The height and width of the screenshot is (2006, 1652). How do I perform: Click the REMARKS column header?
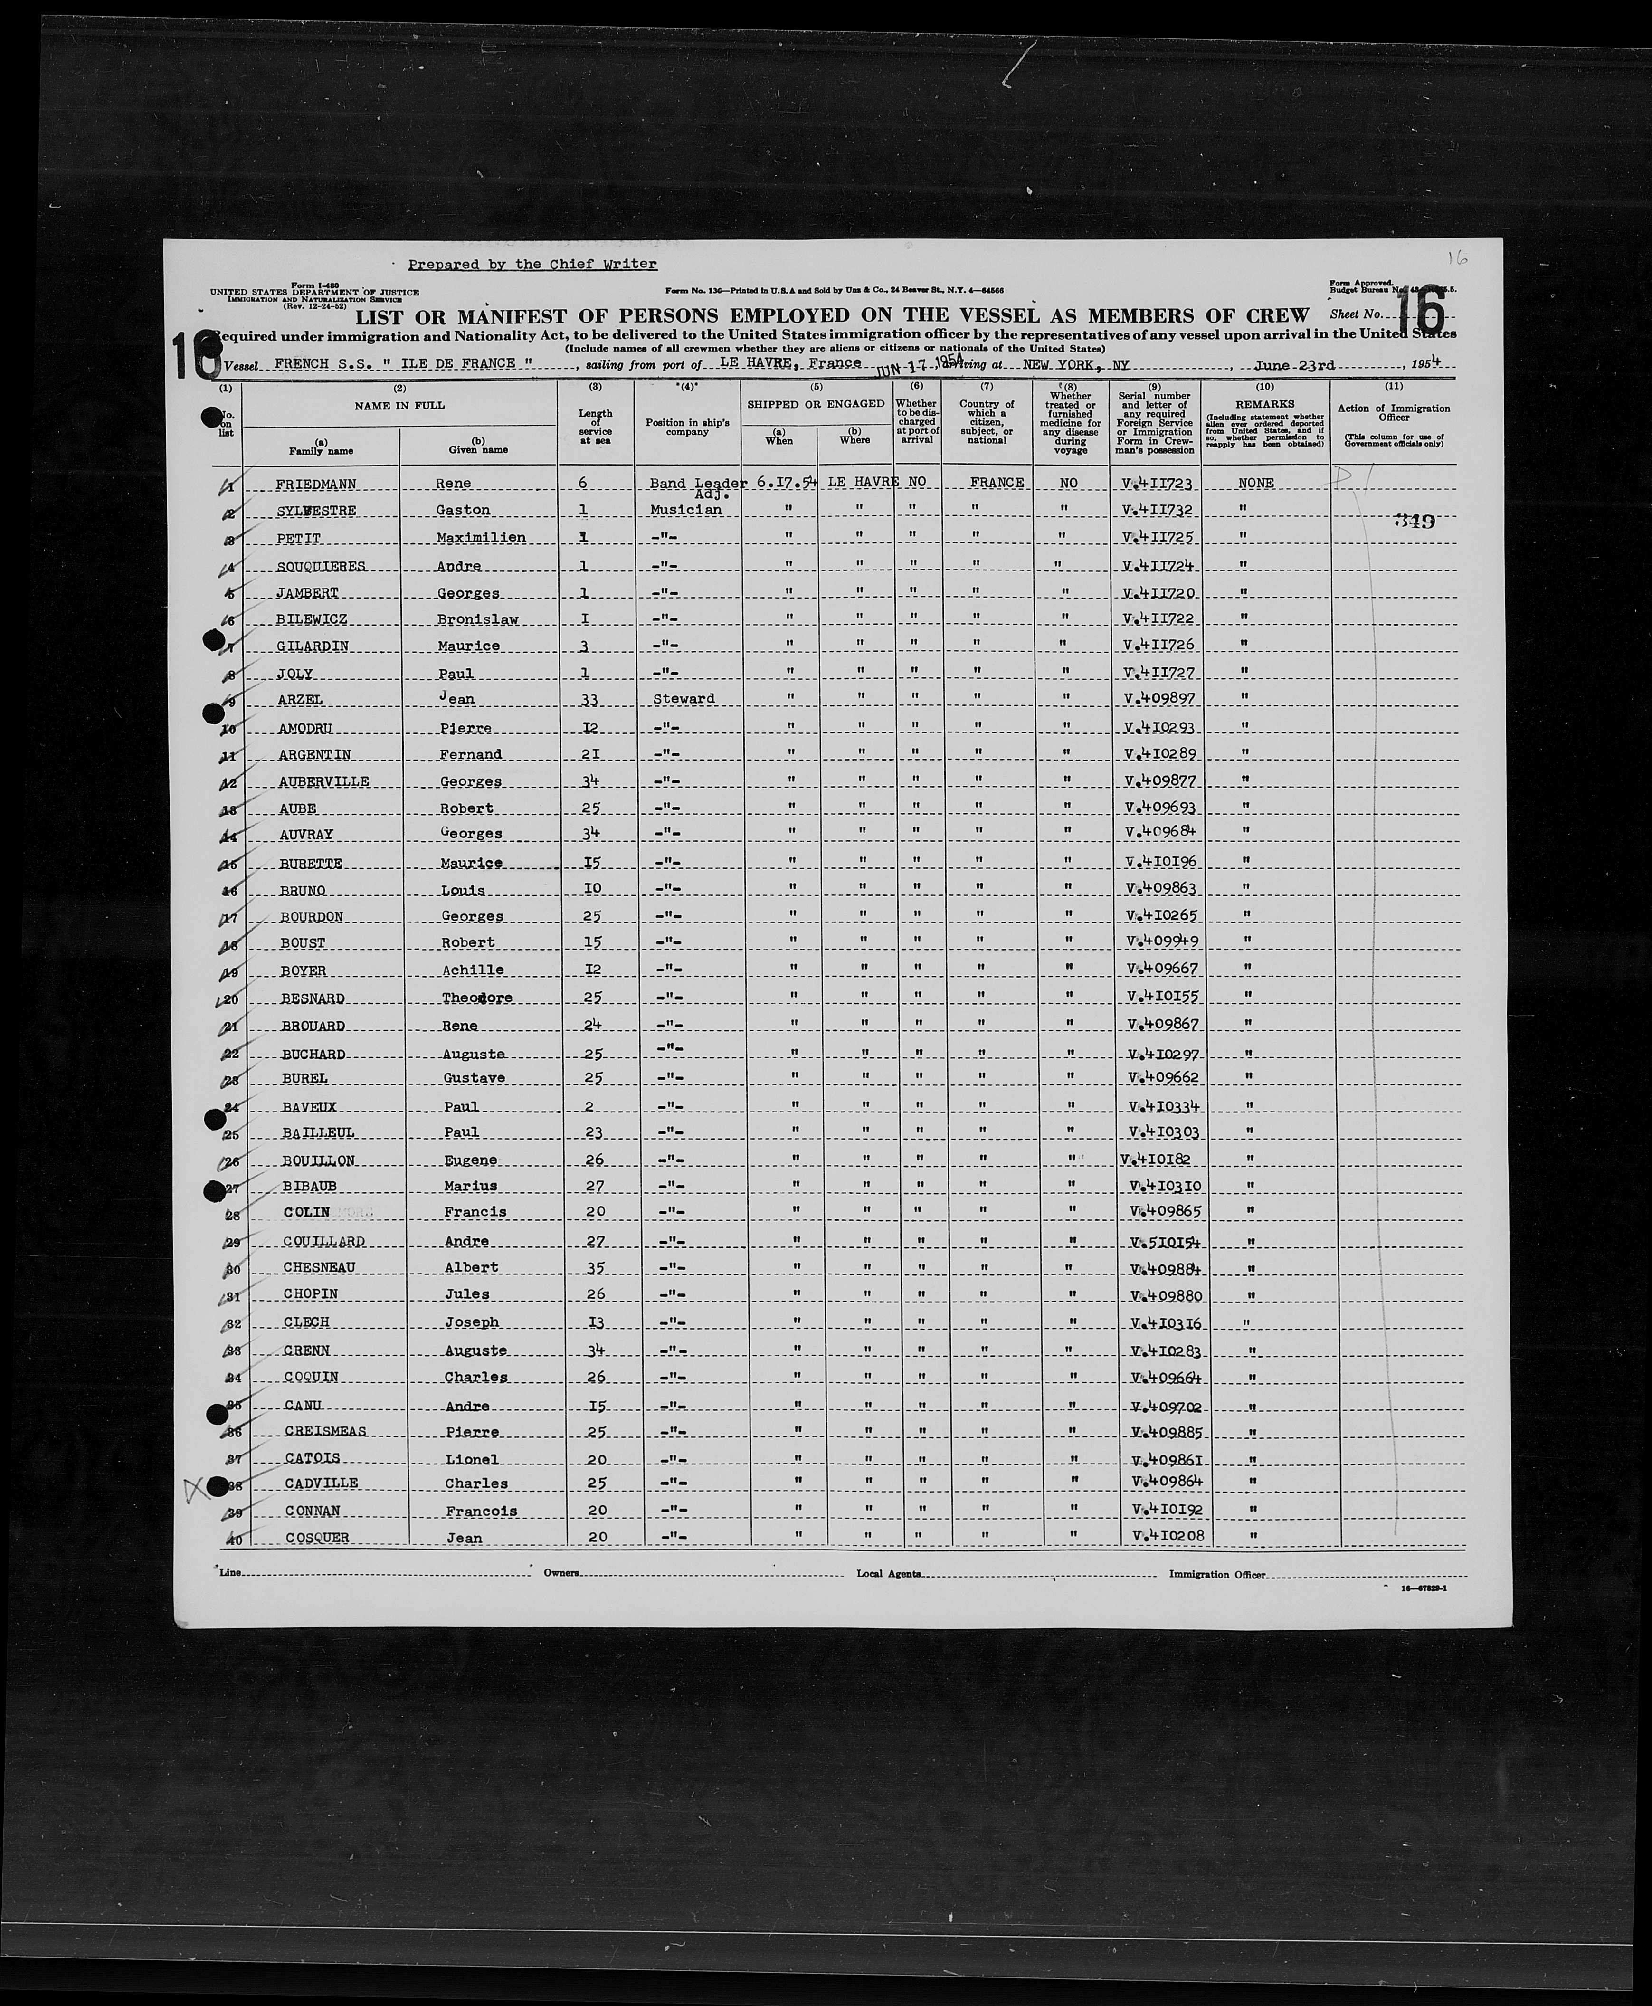pos(1265,403)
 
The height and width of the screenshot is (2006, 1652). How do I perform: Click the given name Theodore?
pos(477,998)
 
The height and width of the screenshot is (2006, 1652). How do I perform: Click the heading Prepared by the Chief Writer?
pos(532,265)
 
